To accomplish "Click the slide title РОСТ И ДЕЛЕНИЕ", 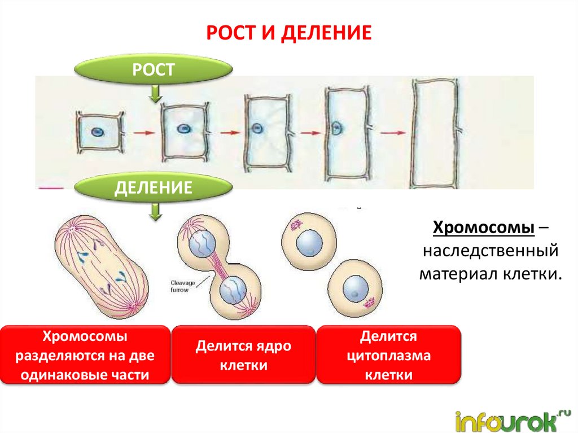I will pyautogui.click(x=288, y=33).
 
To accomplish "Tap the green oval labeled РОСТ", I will pyautogui.click(x=154, y=70).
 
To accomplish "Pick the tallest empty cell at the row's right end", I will pyautogui.click(x=435, y=133).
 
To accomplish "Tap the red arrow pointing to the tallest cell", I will pyautogui.click(x=393, y=133).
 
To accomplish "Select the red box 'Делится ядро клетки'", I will pyautogui.click(x=243, y=355).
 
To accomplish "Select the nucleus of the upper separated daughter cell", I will pyautogui.click(x=310, y=243).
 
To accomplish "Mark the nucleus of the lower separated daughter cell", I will pyautogui.click(x=354, y=291).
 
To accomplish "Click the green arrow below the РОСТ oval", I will pyautogui.click(x=154, y=93).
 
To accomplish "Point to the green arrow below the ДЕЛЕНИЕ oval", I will pyautogui.click(x=154, y=212).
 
